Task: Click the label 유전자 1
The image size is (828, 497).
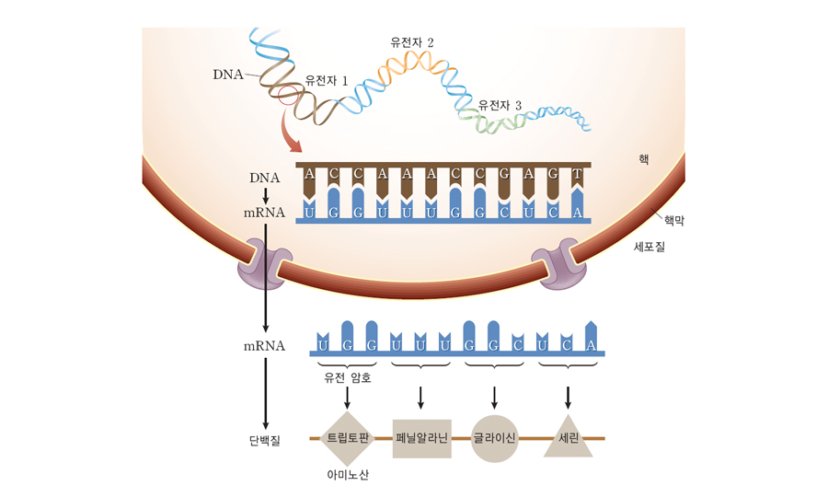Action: click(326, 81)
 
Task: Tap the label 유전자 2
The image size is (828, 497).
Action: click(411, 42)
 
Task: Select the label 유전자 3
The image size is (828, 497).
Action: click(500, 106)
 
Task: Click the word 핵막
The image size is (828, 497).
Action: click(674, 221)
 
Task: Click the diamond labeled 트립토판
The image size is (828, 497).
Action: click(348, 438)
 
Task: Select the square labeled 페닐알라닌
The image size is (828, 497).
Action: click(421, 438)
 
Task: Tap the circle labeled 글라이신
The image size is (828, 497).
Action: click(495, 438)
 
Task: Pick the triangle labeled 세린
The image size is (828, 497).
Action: click(569, 439)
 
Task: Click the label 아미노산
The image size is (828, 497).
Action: click(347, 475)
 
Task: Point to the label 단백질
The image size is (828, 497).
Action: click(264, 439)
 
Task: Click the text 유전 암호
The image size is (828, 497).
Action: click(347, 376)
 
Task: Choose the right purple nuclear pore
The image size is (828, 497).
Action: click(562, 266)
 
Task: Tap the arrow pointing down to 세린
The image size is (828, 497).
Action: click(569, 397)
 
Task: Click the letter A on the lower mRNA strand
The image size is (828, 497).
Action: click(591, 344)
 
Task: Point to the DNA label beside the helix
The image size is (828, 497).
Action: click(227, 74)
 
